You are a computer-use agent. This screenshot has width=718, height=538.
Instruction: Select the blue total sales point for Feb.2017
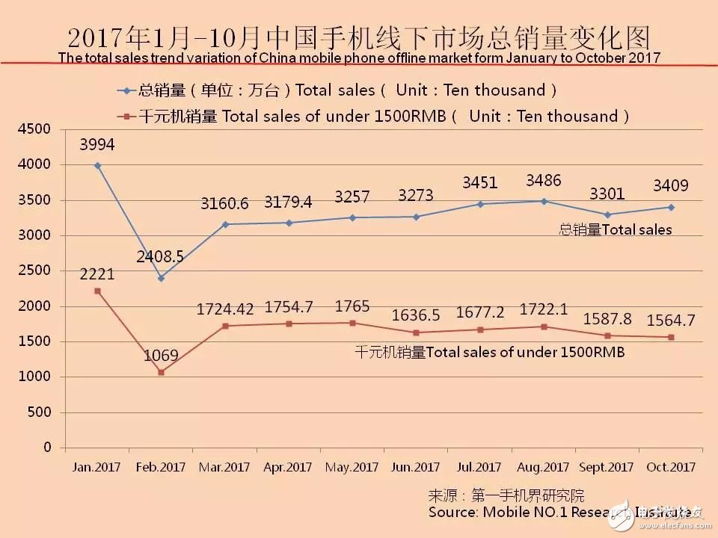tap(161, 278)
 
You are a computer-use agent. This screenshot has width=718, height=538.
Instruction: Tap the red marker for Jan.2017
tap(97, 291)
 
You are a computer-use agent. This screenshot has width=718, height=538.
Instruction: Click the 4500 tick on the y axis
tap(36, 129)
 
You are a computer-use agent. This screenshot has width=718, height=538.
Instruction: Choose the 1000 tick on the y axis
tap(36, 377)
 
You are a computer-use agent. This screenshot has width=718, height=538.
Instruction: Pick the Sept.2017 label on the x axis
tap(607, 467)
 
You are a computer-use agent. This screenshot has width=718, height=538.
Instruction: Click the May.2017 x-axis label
tap(352, 467)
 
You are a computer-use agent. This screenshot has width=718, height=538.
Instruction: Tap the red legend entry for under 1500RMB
tap(374, 116)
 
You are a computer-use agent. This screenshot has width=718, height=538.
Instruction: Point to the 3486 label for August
tap(544, 180)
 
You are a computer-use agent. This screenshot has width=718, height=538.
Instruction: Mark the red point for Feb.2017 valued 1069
tap(161, 372)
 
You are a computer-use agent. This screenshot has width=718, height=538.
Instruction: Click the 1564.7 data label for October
tap(671, 320)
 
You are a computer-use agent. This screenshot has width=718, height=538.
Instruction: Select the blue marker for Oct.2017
tap(671, 207)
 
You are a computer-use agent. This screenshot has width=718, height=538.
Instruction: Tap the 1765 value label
tap(352, 307)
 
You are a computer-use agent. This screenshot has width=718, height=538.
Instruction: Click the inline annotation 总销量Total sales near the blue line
tap(616, 230)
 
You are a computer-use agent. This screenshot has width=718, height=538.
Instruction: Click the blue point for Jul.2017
tap(479, 204)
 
